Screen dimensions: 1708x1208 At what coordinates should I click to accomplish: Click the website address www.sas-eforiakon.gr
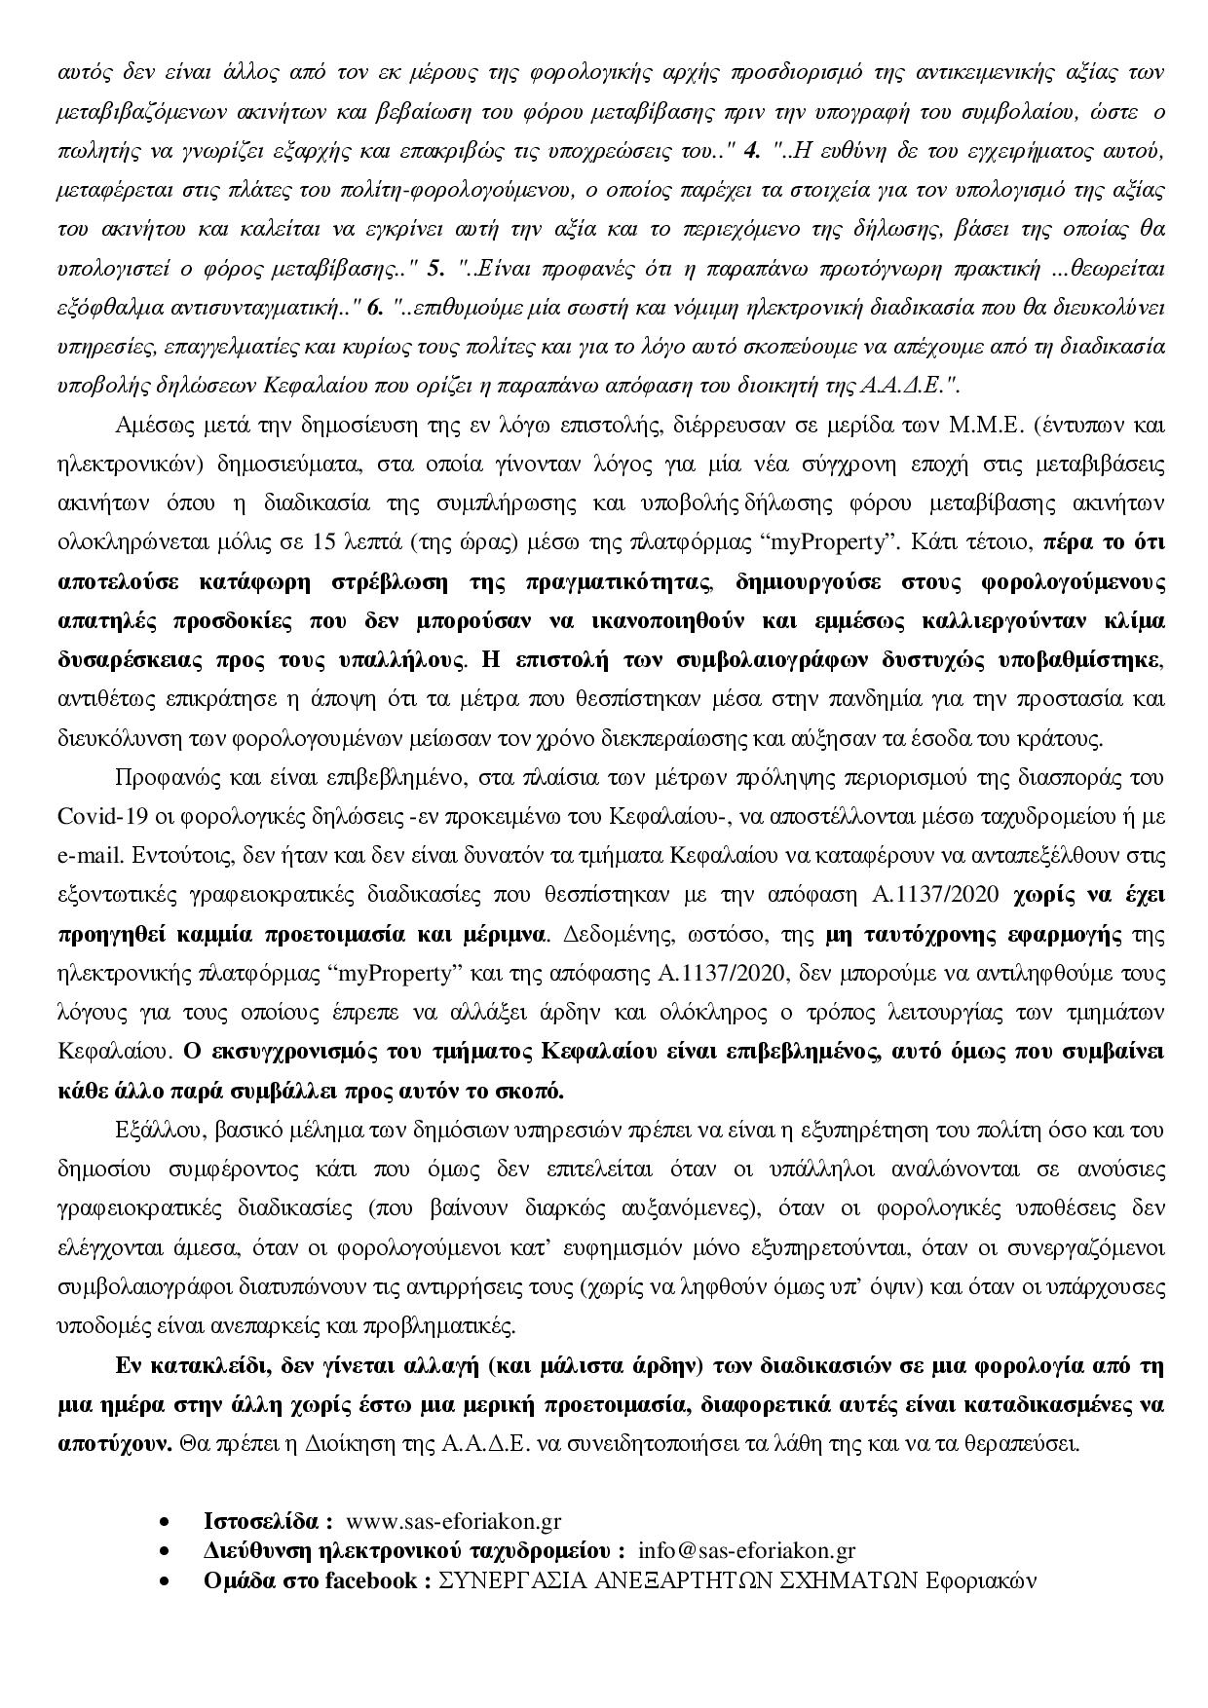(453, 1521)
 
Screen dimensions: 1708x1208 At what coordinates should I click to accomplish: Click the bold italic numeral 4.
(750, 152)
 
